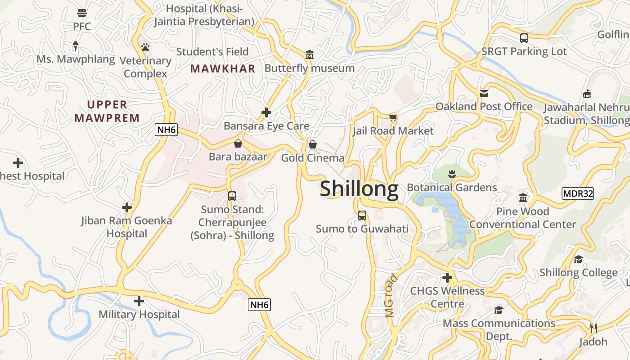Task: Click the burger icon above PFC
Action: tap(81, 12)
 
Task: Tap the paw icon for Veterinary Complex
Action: tap(145, 47)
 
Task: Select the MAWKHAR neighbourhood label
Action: tap(223, 69)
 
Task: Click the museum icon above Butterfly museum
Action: tap(310, 55)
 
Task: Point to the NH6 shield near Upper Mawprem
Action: tap(166, 130)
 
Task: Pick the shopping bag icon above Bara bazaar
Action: tap(238, 144)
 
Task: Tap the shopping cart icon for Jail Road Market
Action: tap(393, 118)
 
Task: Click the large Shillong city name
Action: tap(359, 189)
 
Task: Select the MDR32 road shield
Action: tap(578, 194)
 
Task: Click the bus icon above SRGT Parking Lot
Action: tap(524, 38)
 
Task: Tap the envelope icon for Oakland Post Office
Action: tap(484, 94)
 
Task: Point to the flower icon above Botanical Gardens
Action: tap(452, 174)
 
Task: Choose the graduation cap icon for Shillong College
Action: tap(578, 260)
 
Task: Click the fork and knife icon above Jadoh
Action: tap(593, 328)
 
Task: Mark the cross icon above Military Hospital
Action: tap(139, 301)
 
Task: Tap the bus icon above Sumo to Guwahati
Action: tap(362, 216)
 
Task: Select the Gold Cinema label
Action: tap(312, 158)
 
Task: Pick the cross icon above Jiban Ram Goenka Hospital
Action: tap(127, 207)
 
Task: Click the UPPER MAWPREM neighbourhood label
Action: tap(107, 111)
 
